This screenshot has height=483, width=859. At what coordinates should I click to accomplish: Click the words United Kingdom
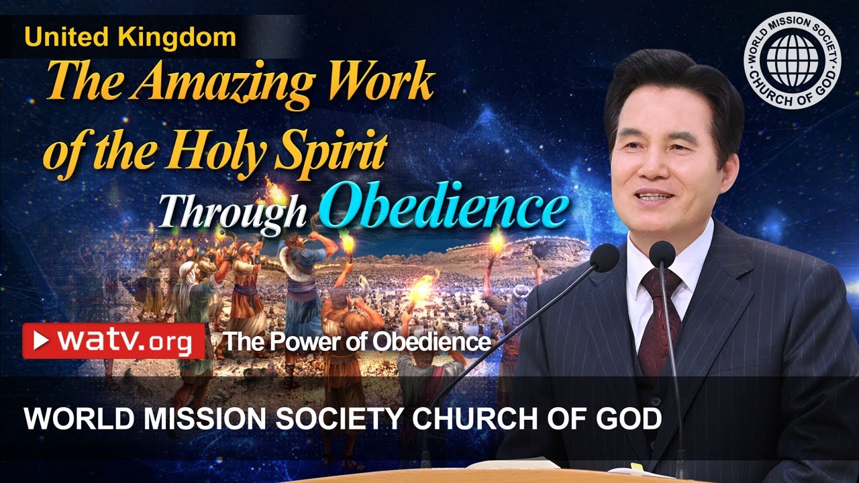130,38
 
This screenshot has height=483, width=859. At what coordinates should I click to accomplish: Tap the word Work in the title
382,85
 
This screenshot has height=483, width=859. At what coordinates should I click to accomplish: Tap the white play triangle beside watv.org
42,341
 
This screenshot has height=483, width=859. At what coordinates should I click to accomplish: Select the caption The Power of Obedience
356,342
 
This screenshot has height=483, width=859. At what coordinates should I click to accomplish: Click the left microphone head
605,257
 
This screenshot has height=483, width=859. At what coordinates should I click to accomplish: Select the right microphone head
662,253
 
